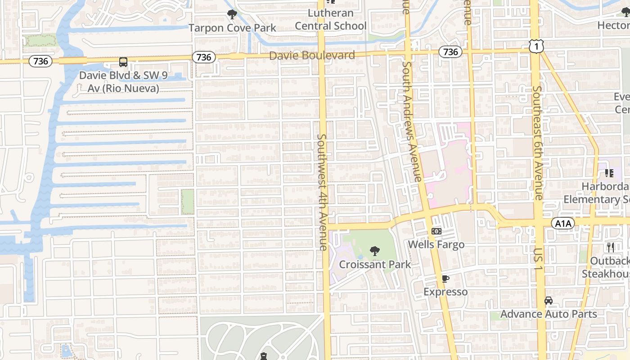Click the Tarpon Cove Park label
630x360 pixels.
coord(232,28)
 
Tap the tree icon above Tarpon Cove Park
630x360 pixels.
coord(232,15)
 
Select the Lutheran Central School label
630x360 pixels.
coord(331,19)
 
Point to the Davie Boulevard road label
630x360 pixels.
coord(312,55)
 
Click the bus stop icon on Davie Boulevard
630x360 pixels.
coord(123,62)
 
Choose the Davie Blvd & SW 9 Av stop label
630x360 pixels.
coord(123,81)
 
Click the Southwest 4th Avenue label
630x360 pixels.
coord(323,192)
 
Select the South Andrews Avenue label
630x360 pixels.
coord(411,121)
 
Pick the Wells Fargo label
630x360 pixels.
coord(436,244)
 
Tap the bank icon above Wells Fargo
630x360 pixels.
coord(436,231)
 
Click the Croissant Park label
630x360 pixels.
coord(375,264)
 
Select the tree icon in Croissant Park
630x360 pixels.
coord(375,251)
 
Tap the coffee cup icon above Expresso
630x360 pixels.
coord(445,279)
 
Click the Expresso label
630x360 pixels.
coord(445,292)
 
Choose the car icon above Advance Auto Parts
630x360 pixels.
coord(549,301)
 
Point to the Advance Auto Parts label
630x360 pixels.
coord(549,314)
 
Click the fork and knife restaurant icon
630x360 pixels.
coord(611,247)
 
